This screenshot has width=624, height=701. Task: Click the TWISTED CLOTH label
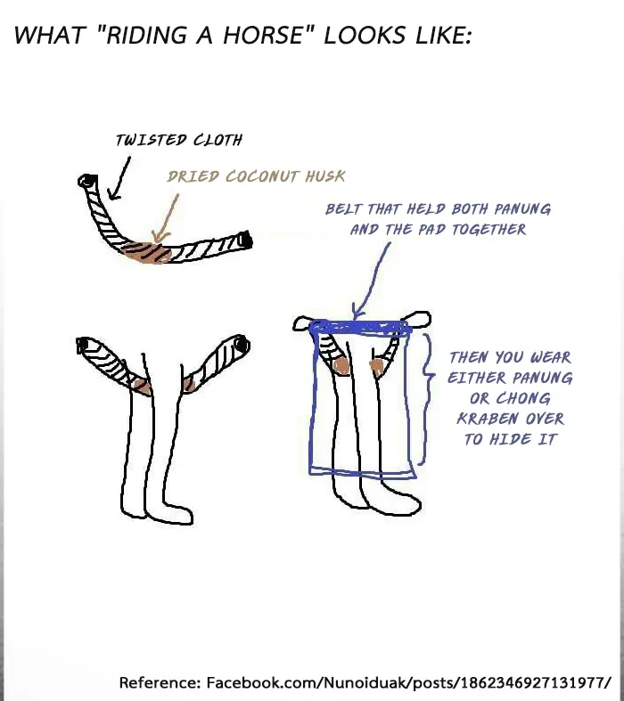click(179, 140)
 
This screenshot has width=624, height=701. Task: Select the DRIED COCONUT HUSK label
click(257, 176)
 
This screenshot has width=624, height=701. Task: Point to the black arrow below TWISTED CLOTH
click(119, 178)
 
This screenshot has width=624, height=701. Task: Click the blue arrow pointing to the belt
click(370, 280)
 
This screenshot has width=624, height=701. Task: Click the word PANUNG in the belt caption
click(522, 209)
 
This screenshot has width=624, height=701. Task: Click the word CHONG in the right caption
click(523, 398)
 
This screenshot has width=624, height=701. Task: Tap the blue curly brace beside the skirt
click(428, 398)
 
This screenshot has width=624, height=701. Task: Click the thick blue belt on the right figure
click(360, 328)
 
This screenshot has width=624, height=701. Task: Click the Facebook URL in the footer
click(408, 682)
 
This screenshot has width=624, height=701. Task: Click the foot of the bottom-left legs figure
click(169, 514)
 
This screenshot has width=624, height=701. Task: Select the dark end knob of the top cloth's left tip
click(88, 181)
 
